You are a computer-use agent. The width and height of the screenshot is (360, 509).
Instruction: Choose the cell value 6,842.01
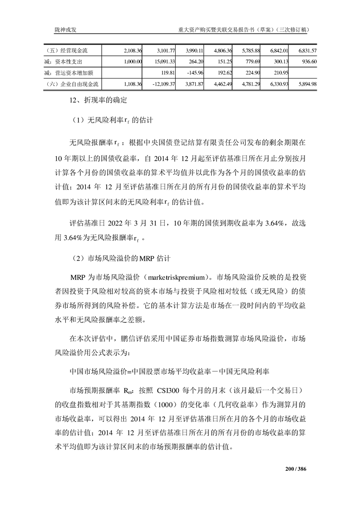coord(276,50)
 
